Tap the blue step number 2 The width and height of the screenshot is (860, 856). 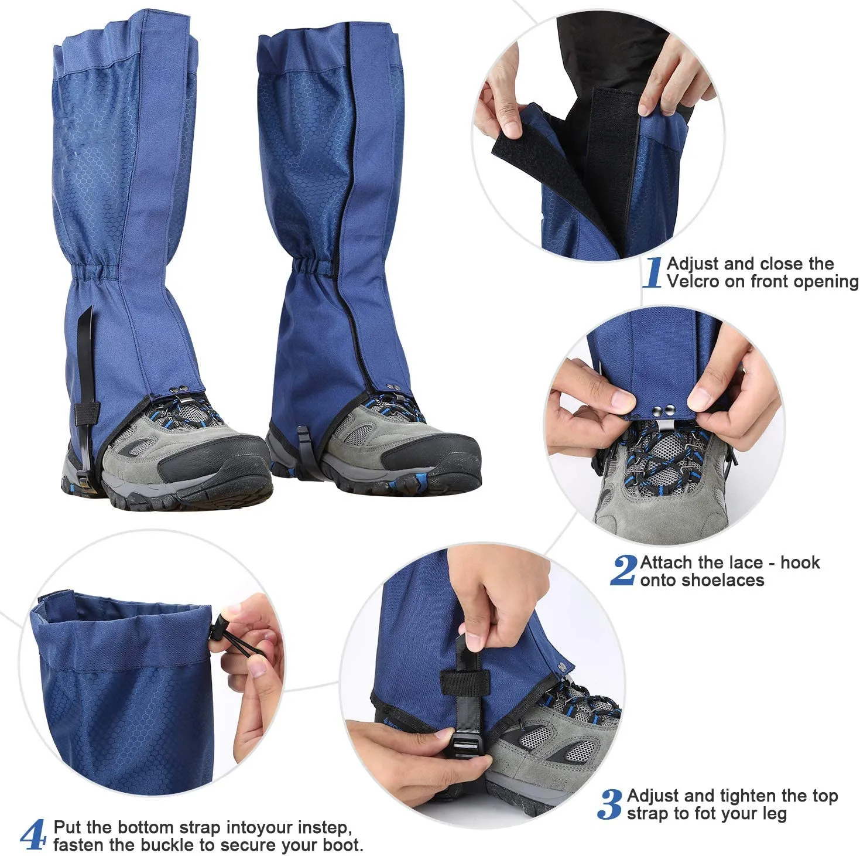click(x=623, y=571)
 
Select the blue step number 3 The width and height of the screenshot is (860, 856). click(x=610, y=804)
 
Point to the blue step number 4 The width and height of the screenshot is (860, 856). click(x=33, y=835)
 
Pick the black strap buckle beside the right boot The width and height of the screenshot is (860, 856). click(x=304, y=446)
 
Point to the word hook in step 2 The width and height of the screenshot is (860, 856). click(x=800, y=562)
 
